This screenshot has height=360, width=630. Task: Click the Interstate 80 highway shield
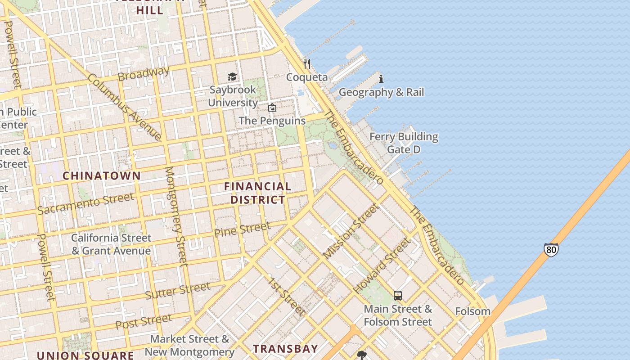(x=551, y=250)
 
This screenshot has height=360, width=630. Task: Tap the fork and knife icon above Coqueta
(x=307, y=63)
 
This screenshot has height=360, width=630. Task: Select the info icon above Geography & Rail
(x=381, y=79)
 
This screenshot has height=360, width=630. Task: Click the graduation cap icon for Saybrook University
(x=232, y=76)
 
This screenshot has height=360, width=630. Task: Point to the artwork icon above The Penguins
(x=272, y=108)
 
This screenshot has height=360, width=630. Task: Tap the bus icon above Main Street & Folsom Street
(x=398, y=296)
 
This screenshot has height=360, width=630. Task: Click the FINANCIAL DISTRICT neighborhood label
(x=257, y=193)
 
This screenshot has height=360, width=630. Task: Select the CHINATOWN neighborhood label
(x=101, y=176)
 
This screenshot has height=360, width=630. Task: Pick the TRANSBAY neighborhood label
(x=285, y=348)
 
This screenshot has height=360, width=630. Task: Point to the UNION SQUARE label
(x=85, y=355)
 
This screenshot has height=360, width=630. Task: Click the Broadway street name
(x=144, y=73)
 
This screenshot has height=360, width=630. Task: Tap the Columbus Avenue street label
(x=125, y=107)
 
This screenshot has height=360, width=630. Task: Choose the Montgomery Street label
(x=176, y=216)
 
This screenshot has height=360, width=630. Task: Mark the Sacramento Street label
(x=85, y=203)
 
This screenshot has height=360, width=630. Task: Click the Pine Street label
(x=242, y=229)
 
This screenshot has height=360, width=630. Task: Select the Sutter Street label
(x=177, y=291)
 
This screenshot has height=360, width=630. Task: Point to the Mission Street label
(x=351, y=230)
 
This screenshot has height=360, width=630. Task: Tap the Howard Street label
(x=382, y=265)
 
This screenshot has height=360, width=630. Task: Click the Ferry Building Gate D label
(x=404, y=143)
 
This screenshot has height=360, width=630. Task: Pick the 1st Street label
(x=287, y=297)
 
